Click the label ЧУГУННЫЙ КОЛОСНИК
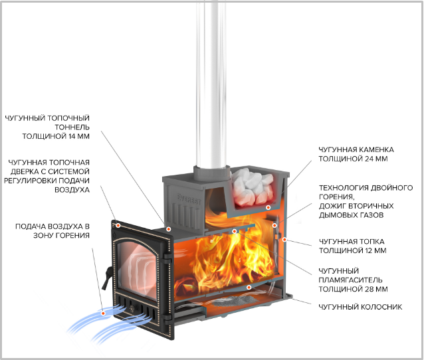(360, 307)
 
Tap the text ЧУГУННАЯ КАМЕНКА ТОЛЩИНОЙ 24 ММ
(356, 154)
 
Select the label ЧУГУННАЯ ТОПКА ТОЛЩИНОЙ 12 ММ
(352, 246)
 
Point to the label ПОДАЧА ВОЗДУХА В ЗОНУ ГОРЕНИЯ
(53, 230)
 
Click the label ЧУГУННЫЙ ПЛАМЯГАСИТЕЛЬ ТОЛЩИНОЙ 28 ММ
(353, 280)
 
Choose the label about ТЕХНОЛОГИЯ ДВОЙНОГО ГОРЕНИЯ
(366, 201)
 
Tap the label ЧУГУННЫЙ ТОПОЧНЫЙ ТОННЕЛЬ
(47, 127)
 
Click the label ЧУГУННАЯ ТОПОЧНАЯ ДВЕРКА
(47, 176)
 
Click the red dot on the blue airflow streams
(103, 314)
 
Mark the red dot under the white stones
(268, 208)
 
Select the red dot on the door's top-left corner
(118, 225)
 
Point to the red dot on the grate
(249, 288)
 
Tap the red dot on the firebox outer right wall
(284, 240)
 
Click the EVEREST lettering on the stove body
(189, 199)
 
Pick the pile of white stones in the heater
(253, 186)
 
